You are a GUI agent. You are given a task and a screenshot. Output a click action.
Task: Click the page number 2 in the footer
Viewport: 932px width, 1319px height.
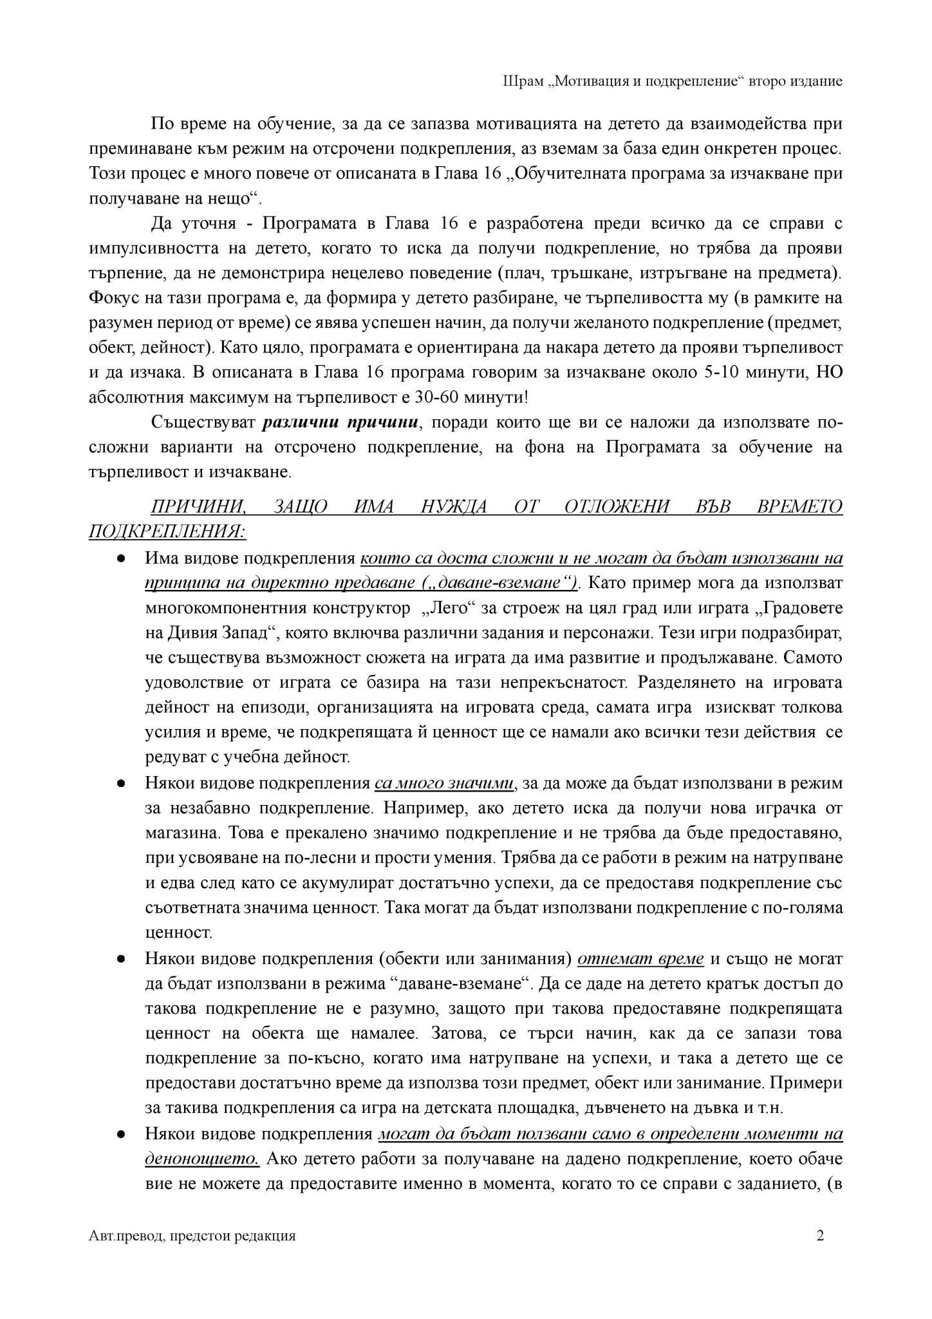(819, 1235)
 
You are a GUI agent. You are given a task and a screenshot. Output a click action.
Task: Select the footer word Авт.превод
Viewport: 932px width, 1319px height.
(124, 1235)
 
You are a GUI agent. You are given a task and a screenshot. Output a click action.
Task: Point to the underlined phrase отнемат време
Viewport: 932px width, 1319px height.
(640, 958)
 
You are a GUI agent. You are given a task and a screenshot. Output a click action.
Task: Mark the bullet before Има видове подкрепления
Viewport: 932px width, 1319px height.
(121, 558)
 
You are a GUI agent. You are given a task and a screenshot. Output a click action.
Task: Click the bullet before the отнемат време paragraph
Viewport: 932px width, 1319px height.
(121, 959)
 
